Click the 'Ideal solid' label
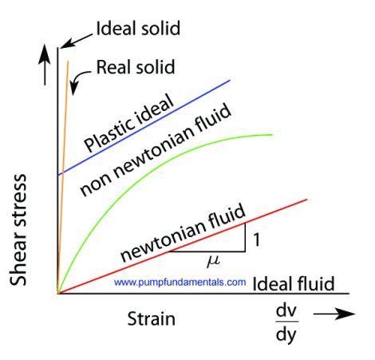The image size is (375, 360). (x=138, y=28)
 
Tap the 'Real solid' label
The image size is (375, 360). (x=136, y=67)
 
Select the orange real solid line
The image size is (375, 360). (x=63, y=177)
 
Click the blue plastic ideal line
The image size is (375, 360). (x=144, y=128)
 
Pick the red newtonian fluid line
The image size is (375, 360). (x=183, y=247)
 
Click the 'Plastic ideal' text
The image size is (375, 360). (x=129, y=123)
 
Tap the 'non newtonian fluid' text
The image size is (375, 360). (x=156, y=149)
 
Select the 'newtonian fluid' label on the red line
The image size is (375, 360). (x=183, y=231)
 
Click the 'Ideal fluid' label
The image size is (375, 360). (x=294, y=283)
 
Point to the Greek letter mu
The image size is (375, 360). (x=213, y=260)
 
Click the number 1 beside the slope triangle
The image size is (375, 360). (x=256, y=239)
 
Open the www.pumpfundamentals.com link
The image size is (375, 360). (x=180, y=282)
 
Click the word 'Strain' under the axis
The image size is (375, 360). (x=151, y=318)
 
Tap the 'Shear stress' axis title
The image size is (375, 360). (x=18, y=230)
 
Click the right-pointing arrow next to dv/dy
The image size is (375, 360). (x=334, y=314)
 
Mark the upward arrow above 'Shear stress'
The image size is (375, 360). (x=45, y=65)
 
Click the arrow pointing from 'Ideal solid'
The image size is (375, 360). (x=76, y=42)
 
